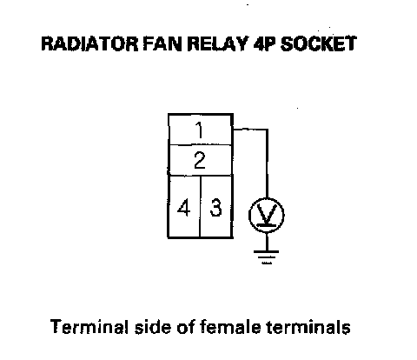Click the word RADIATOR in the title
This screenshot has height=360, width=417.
tap(89, 43)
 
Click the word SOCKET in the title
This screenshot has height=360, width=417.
tap(318, 43)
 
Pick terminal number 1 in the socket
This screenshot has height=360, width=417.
tap(199, 130)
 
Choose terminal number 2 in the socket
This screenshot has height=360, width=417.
tap(200, 160)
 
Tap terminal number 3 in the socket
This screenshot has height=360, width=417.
tap(215, 208)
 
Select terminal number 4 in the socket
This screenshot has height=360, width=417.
tap(184, 208)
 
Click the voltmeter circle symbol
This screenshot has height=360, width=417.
tap(249, 215)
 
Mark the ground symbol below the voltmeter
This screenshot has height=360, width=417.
tap(267, 257)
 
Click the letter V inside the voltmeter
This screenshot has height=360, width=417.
tap(267, 213)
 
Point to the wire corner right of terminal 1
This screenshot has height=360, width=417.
tap(267, 130)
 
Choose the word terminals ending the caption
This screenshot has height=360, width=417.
tap(308, 327)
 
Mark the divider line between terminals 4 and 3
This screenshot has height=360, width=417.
tap(200, 206)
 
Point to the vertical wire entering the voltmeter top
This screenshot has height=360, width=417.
tap(267, 163)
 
